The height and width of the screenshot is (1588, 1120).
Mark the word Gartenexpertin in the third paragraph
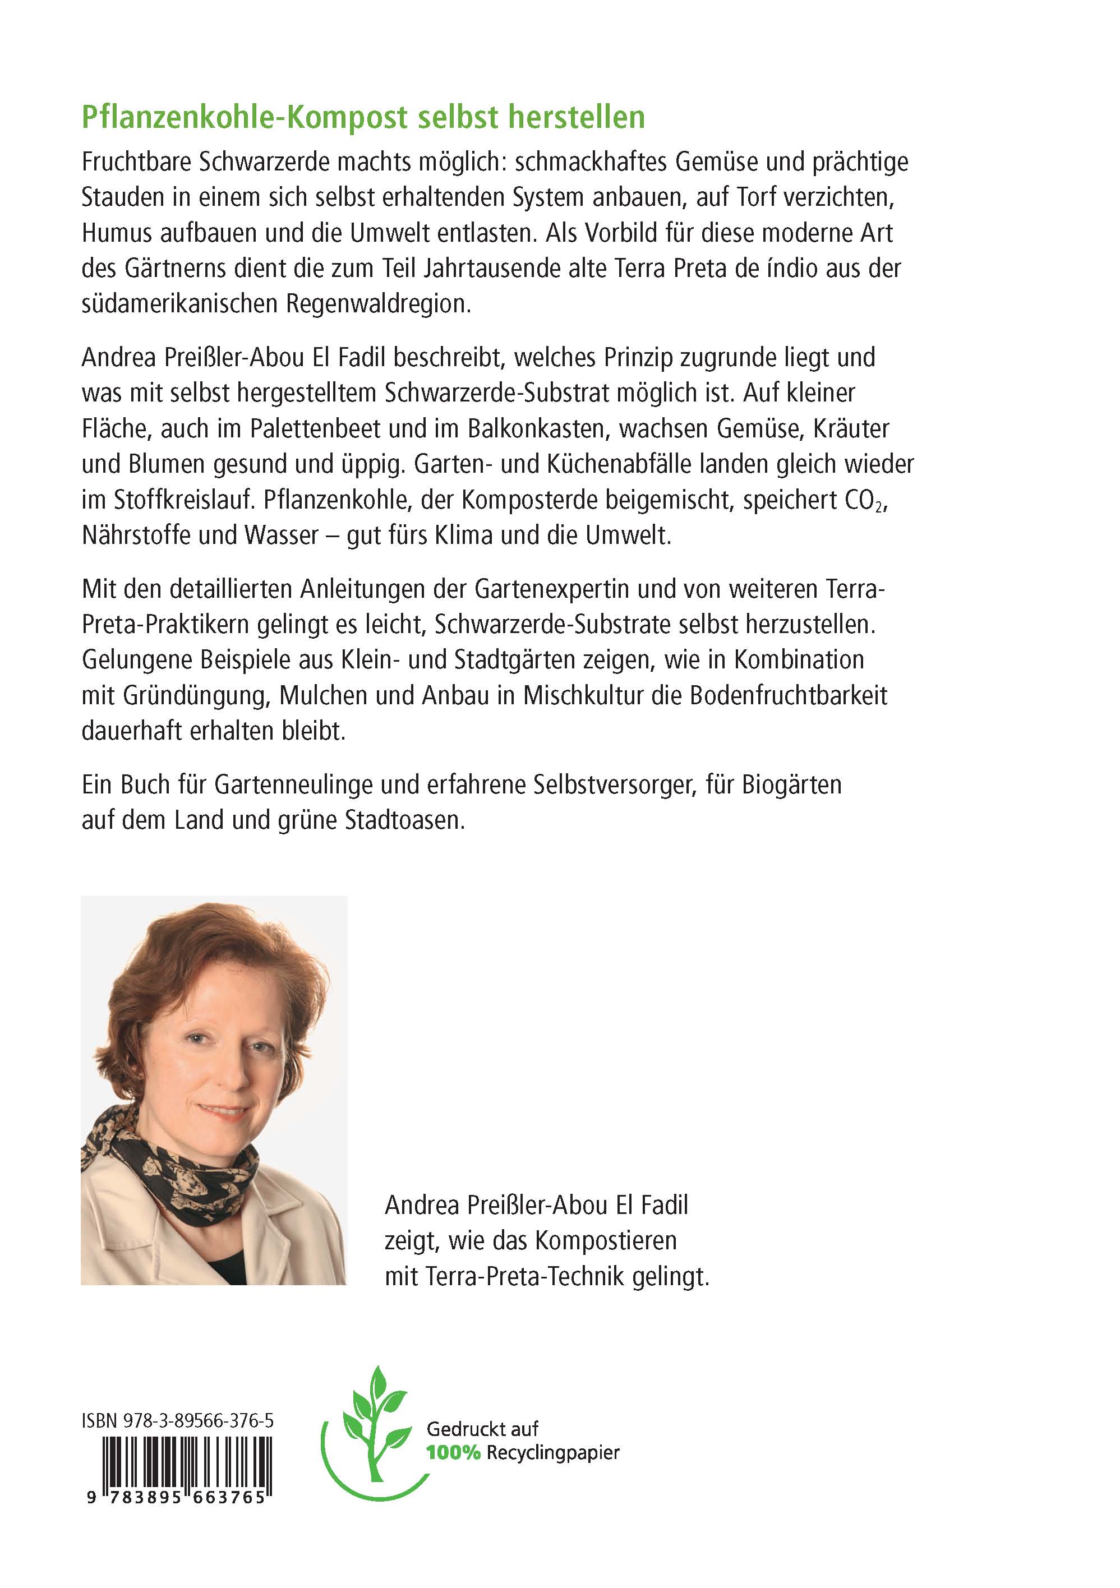click(551, 589)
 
